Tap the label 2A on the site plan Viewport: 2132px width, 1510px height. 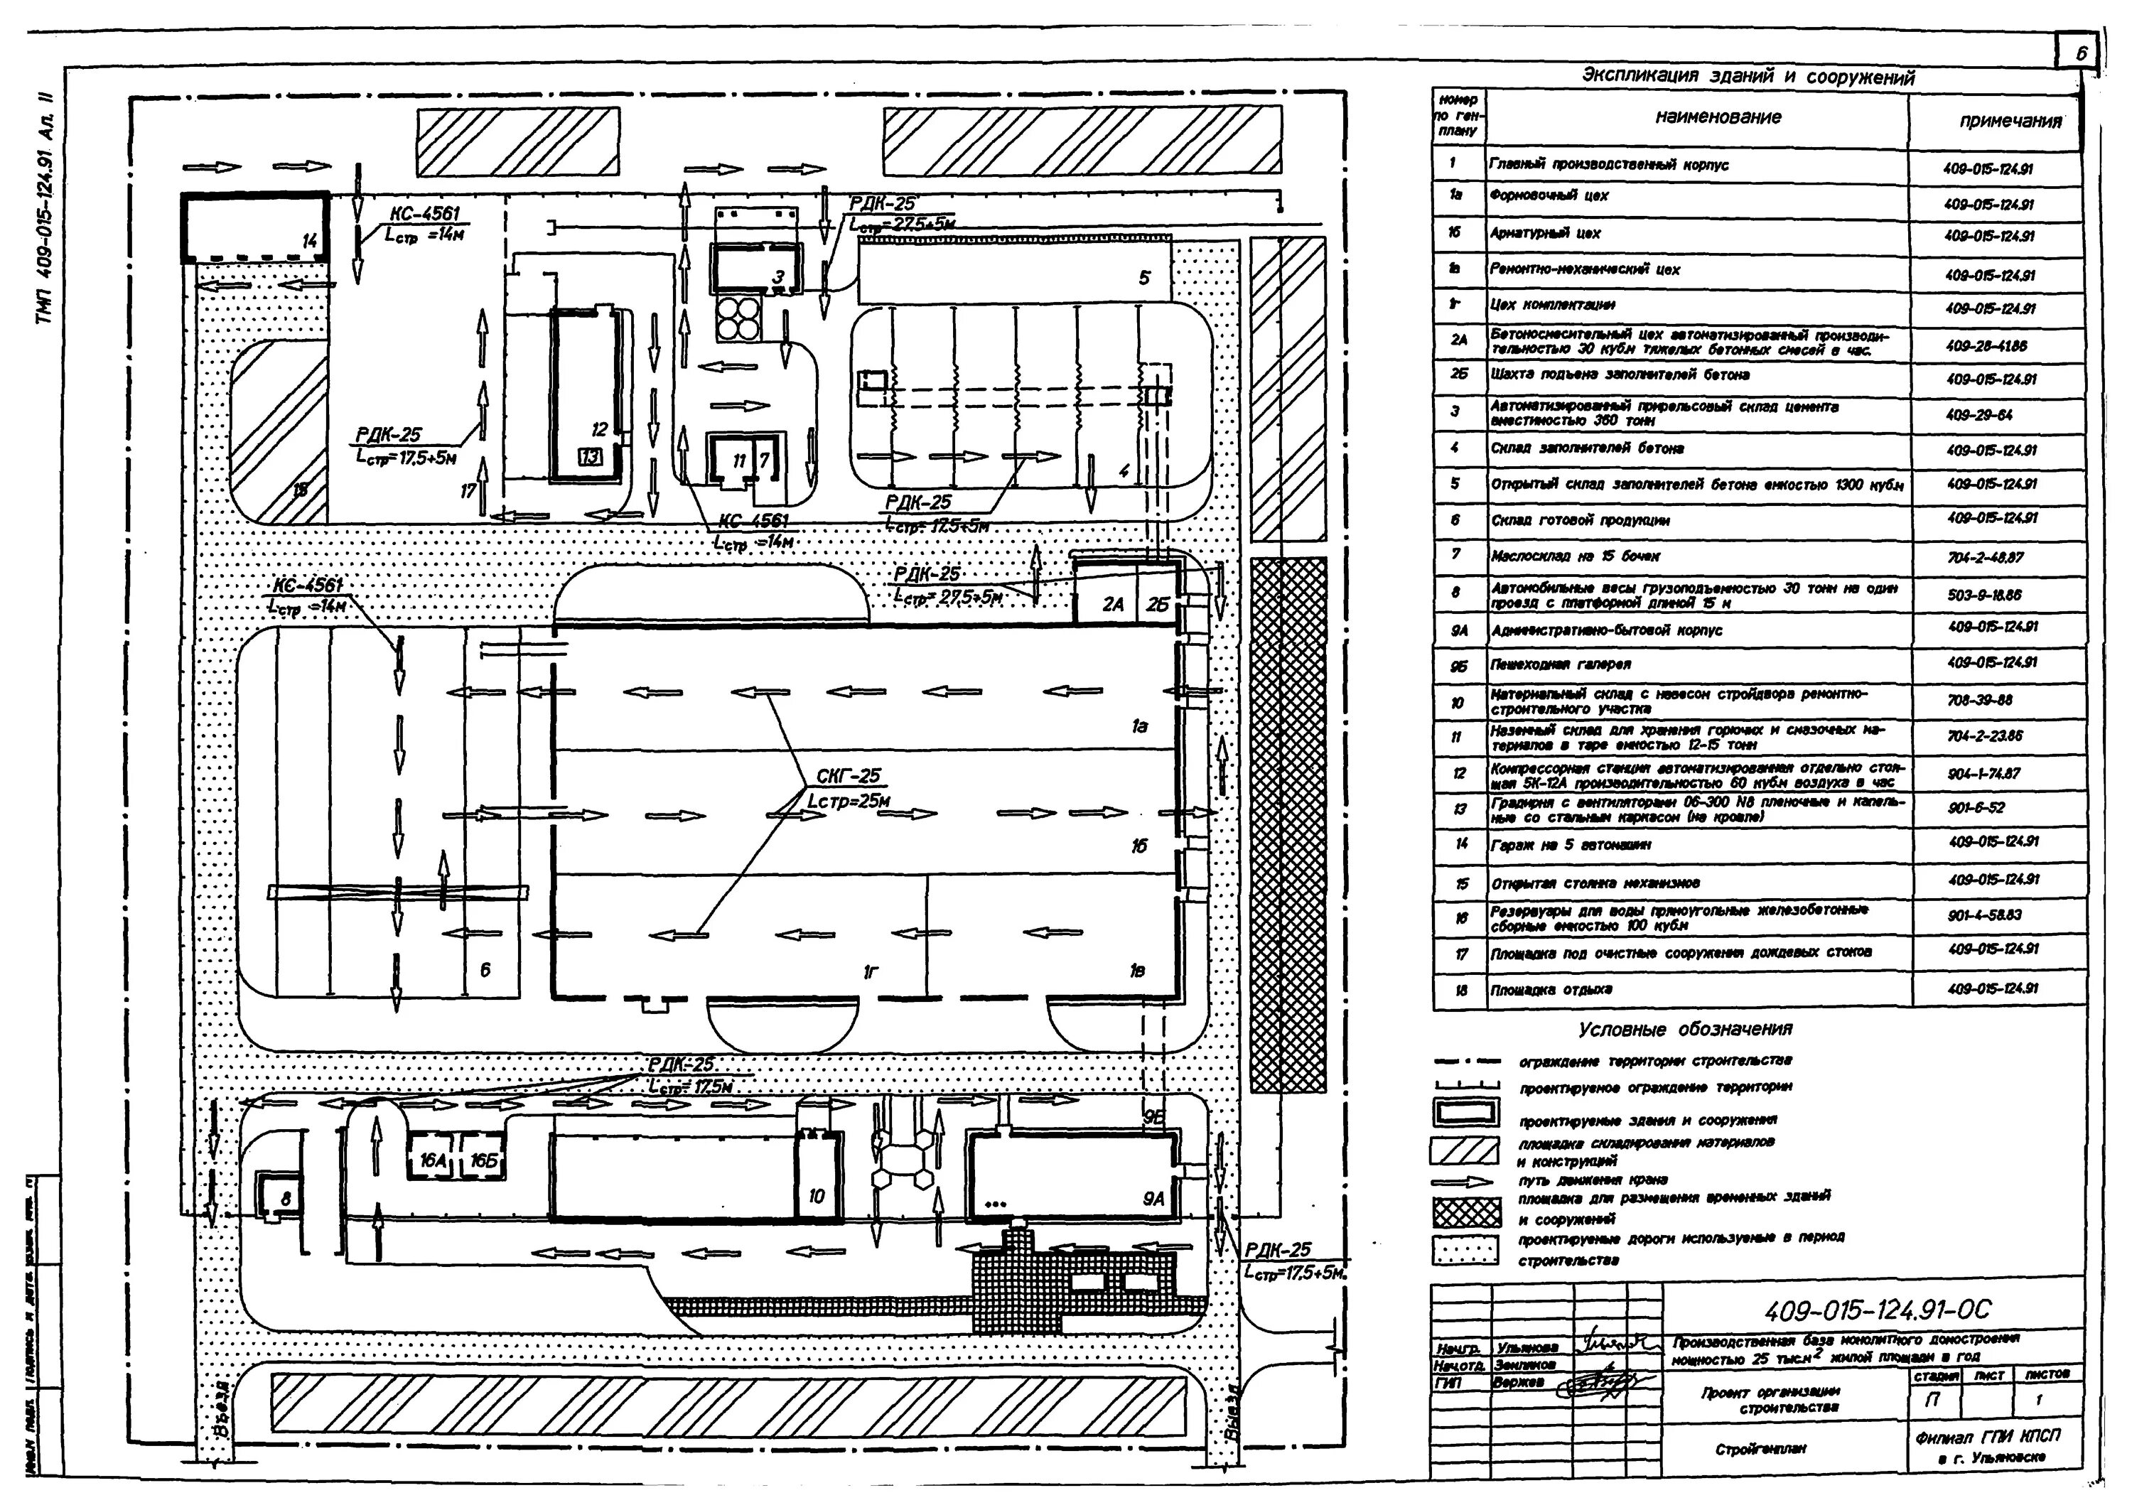click(1113, 605)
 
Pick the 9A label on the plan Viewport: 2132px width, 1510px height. click(1153, 1200)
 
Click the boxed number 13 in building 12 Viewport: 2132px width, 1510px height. click(589, 456)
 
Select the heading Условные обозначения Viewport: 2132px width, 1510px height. click(1685, 1030)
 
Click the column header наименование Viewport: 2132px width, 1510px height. click(1717, 117)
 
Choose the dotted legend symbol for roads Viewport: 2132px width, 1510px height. click(1465, 1251)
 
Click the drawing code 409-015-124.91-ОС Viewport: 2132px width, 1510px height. click(1878, 1311)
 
